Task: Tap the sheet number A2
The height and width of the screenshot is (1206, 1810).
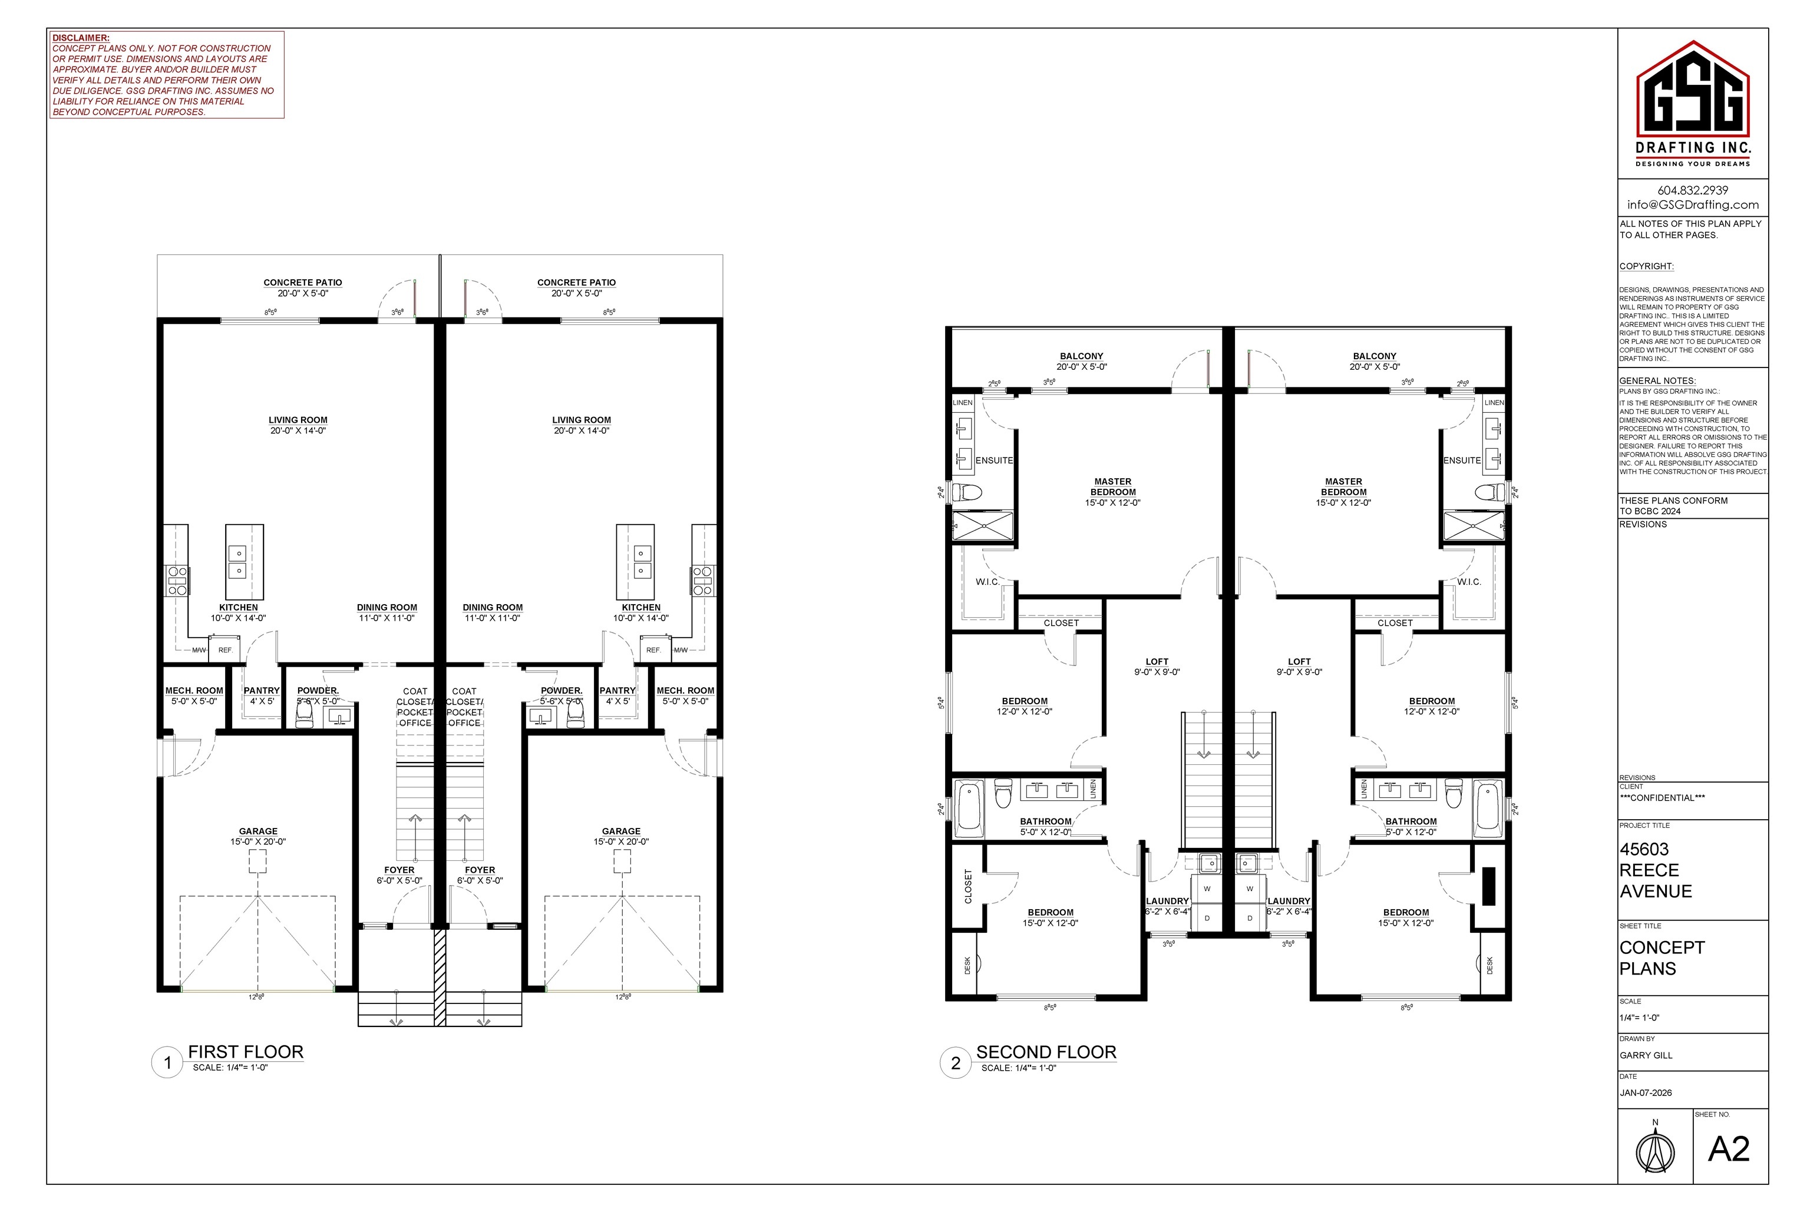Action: click(1729, 1148)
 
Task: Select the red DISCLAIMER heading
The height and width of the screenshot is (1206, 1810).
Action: click(81, 38)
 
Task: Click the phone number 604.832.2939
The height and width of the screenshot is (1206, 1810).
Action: click(1692, 190)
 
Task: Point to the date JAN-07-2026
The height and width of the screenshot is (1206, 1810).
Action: click(1645, 1093)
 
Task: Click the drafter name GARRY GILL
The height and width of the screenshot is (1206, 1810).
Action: click(1645, 1055)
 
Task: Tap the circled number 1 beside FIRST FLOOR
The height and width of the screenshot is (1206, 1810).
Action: click(167, 1063)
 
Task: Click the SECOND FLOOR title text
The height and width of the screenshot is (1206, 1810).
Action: click(1045, 1051)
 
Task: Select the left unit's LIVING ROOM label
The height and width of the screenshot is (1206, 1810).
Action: click(298, 420)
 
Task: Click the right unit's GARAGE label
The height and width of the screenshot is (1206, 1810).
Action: click(621, 831)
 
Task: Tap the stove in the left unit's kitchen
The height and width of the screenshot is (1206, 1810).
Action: click(178, 581)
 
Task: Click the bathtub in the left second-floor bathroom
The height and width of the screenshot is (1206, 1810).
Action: click(969, 809)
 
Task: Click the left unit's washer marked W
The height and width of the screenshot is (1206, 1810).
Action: click(1207, 889)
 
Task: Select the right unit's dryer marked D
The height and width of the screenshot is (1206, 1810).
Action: click(1250, 917)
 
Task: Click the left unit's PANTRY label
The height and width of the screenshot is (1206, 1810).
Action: click(262, 691)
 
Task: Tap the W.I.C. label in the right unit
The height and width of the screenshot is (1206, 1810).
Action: click(1468, 581)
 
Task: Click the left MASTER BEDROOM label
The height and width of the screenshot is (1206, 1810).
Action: click(1113, 487)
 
